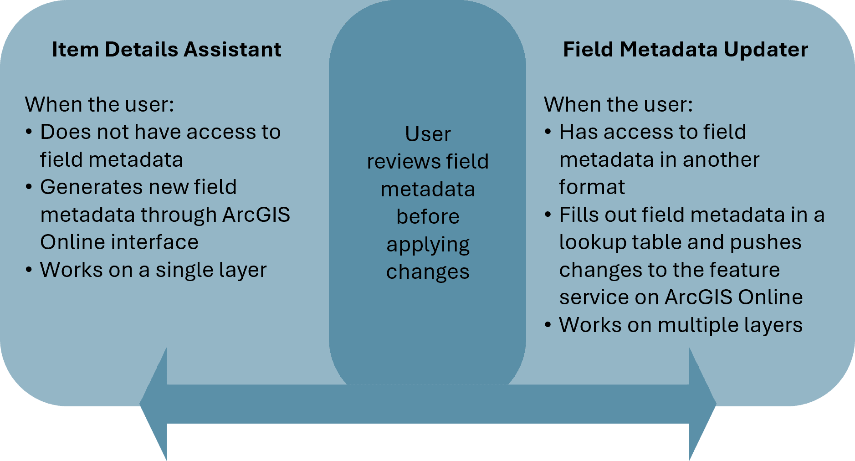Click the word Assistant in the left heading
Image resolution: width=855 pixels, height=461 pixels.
click(232, 49)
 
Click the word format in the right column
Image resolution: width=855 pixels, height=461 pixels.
click(592, 187)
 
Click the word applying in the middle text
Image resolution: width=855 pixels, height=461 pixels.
click(428, 245)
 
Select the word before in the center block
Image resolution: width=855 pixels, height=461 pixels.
click(428, 217)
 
